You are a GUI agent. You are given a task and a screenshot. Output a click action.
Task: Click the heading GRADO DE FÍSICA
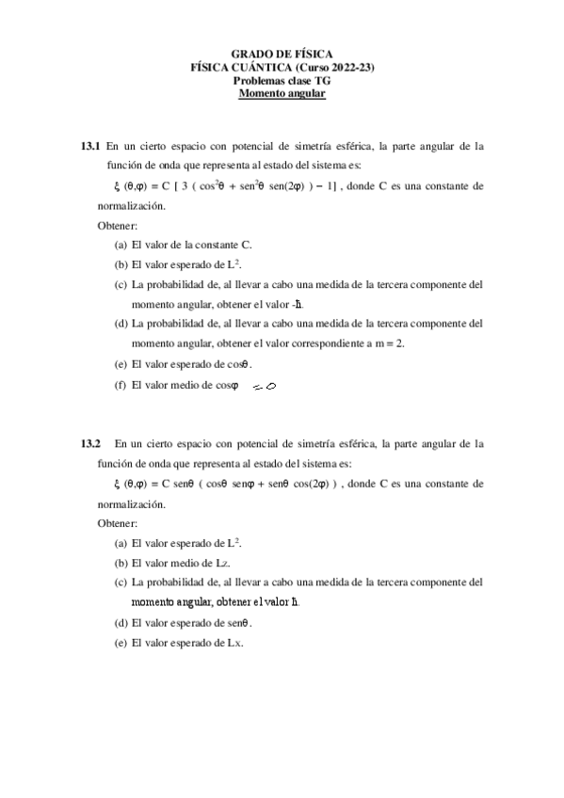tap(282, 56)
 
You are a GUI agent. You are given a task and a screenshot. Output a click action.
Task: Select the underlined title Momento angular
tap(282, 94)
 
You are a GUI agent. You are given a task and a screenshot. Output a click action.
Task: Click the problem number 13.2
tap(90, 443)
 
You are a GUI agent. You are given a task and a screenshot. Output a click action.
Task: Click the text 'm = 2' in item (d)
tap(386, 344)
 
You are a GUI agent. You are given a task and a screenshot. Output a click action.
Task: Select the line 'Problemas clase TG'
tap(282, 81)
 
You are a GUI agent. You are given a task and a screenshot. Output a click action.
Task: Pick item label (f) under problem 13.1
tap(121, 385)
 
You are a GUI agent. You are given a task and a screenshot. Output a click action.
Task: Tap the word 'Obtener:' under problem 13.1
tap(118, 226)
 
